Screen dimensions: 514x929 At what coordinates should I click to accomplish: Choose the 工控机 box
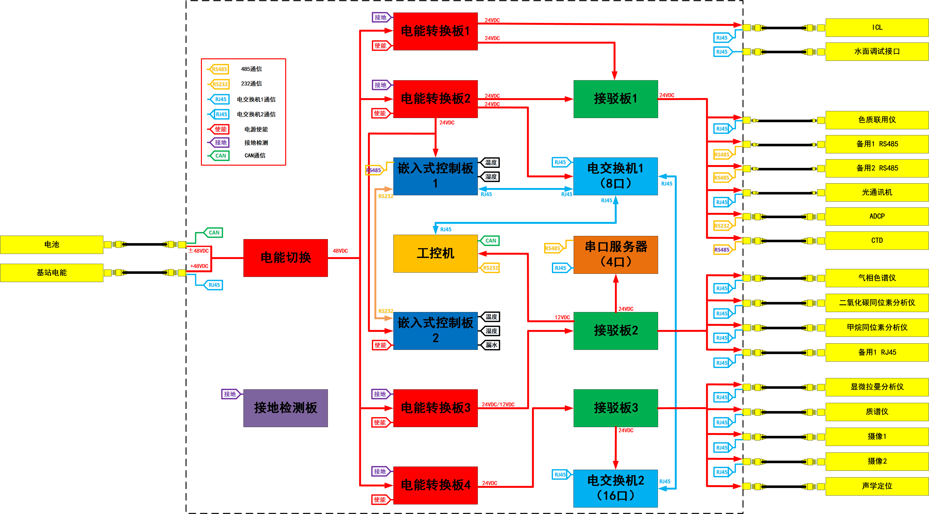point(435,254)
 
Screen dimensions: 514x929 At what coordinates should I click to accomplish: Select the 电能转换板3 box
point(435,408)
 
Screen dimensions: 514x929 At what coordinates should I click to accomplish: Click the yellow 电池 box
point(51,245)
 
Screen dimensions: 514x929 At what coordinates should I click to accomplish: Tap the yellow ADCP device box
point(877,216)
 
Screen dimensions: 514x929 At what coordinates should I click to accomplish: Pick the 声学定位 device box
point(877,486)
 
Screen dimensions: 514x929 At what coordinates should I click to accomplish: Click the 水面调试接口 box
point(877,52)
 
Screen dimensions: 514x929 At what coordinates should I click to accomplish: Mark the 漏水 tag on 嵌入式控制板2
point(491,345)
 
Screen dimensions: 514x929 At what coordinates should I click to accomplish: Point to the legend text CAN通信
point(255,155)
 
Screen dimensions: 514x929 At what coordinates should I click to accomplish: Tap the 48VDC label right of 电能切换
point(340,251)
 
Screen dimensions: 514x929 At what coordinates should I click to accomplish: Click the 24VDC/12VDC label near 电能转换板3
point(498,405)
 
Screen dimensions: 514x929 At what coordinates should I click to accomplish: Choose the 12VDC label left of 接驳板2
point(562,318)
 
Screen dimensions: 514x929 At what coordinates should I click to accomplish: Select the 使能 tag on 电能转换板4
point(380,500)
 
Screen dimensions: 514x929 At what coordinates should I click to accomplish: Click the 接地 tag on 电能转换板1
point(380,17)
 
